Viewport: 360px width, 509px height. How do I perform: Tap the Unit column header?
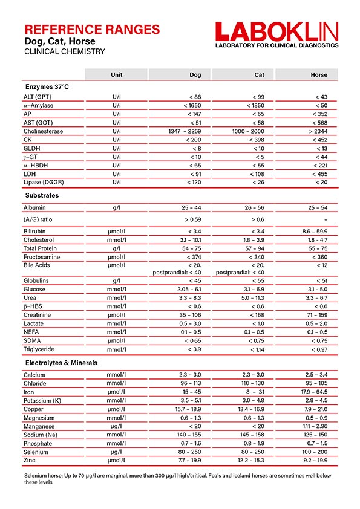(117, 75)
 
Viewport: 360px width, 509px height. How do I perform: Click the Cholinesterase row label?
(43, 131)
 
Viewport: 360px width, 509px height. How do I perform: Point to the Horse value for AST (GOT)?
(321, 123)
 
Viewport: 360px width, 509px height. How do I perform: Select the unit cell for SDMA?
(117, 340)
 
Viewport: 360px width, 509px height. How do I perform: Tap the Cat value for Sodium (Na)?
(252, 435)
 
